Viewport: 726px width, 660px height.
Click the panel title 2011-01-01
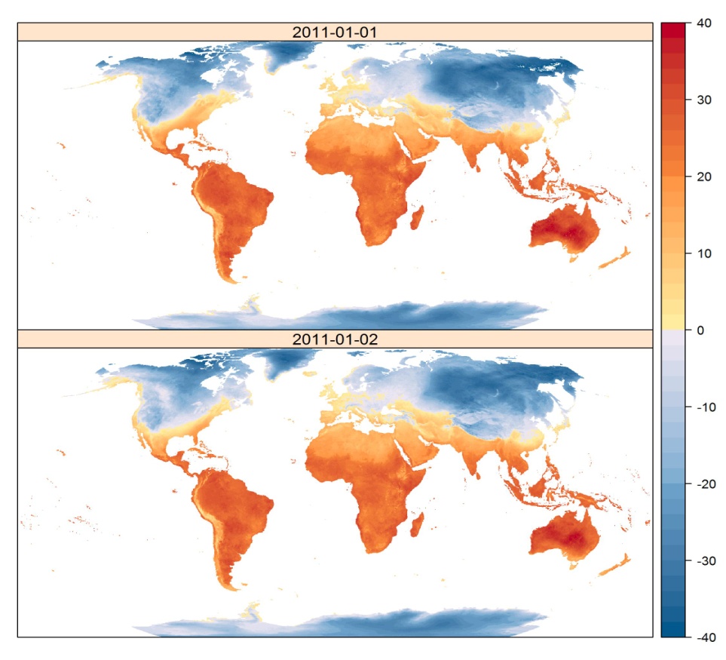click(x=335, y=32)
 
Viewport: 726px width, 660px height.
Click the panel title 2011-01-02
click(x=335, y=339)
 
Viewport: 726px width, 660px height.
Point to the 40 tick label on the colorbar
click(x=705, y=23)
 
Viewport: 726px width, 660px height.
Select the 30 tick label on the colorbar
click(x=705, y=100)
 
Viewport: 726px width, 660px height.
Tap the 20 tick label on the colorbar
click(x=705, y=177)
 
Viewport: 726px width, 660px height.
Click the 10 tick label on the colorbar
click(x=705, y=253)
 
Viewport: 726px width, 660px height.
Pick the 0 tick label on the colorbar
click(x=701, y=330)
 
